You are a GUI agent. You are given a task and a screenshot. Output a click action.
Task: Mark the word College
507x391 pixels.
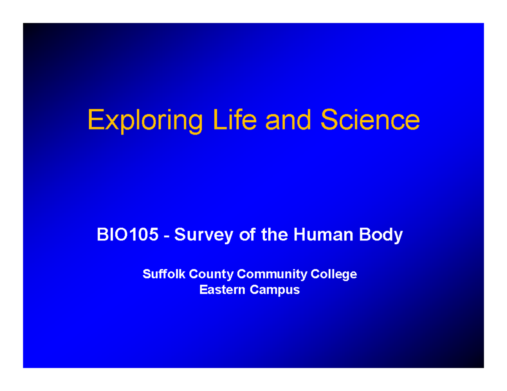point(334,275)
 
